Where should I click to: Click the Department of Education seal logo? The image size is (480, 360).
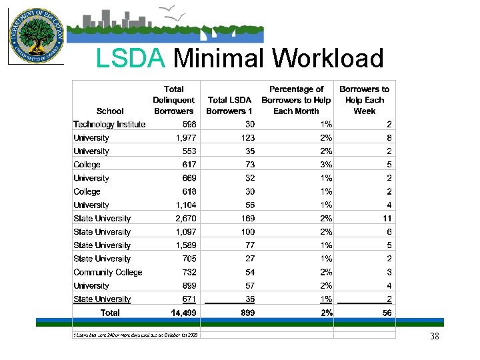coord(35,34)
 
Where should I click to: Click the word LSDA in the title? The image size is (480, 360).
coord(130,59)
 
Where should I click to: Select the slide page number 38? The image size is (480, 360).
coord(435,337)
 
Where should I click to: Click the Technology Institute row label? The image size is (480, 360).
coord(109,124)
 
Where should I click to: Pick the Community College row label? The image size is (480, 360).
coord(108,272)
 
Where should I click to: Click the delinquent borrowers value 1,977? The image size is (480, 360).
coord(185,138)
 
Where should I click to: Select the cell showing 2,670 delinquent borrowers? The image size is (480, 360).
coord(185,218)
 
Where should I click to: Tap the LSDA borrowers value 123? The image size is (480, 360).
coord(247,138)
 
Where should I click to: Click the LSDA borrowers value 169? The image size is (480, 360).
coord(247,218)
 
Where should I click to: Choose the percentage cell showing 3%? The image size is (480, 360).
coord(325,165)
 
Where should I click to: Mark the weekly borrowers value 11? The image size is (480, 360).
coord(387,218)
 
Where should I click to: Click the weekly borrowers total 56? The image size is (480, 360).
coord(387,313)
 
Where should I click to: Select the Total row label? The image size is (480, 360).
coord(110,313)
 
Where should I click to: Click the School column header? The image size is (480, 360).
coord(110,111)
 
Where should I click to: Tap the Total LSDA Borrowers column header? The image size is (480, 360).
coord(230,105)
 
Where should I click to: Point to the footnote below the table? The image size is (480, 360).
coord(136,335)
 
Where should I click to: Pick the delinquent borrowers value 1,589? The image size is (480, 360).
coord(185,245)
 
